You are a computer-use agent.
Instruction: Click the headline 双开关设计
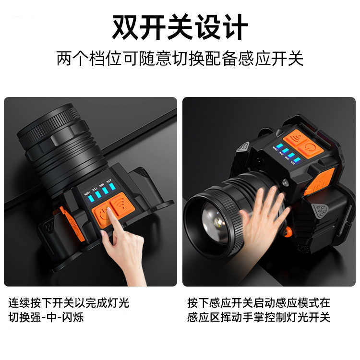[x=180, y=27]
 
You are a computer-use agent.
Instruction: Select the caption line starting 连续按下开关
[x=69, y=303]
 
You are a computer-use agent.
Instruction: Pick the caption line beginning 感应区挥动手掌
[x=259, y=317]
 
